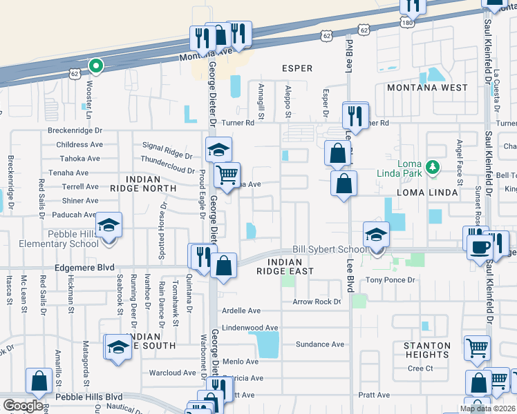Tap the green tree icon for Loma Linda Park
pyautogui.click(x=433, y=167)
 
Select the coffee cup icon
pyautogui.click(x=480, y=246)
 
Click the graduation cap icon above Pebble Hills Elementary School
pyautogui.click(x=109, y=225)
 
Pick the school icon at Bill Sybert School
pyautogui.click(x=376, y=235)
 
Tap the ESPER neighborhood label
pyautogui.click(x=297, y=68)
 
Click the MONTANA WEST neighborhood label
pyautogui.click(x=426, y=88)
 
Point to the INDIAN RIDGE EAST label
pyautogui.click(x=284, y=267)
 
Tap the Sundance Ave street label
pyautogui.click(x=319, y=344)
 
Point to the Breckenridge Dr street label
pyautogui.click(x=75, y=130)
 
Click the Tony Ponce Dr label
pyautogui.click(x=390, y=280)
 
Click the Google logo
pyautogui.click(x=23, y=406)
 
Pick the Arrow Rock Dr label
pyautogui.click(x=317, y=302)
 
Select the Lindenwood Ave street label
pyautogui.click(x=250, y=328)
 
